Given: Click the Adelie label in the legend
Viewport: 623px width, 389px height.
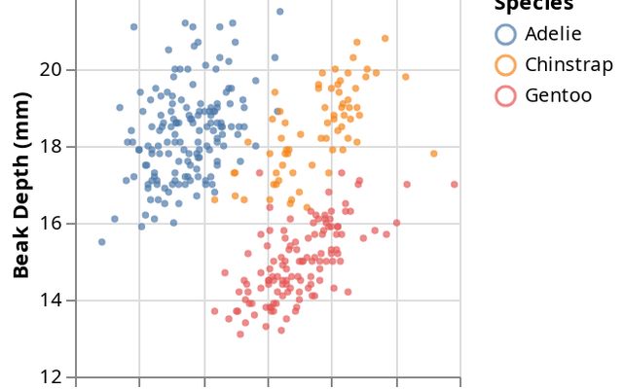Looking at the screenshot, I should [552, 34].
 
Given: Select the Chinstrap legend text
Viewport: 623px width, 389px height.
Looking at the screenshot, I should [568, 65].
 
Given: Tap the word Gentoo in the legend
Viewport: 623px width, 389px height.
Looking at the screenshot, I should [558, 95].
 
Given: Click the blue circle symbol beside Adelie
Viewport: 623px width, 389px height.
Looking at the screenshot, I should [505, 34].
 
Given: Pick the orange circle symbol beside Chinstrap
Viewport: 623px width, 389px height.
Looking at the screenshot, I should [505, 65].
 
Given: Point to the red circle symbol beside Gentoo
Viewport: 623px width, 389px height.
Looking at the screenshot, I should [505, 95].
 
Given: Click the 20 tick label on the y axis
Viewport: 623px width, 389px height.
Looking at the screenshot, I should [51, 70].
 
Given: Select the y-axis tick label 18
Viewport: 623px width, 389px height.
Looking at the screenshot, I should [51, 147].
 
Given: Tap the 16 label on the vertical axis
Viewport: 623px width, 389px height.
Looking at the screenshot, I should [51, 223].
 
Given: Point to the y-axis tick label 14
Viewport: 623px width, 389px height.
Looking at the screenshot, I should [51, 300].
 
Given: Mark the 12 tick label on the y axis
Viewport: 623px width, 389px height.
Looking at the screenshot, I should [51, 376].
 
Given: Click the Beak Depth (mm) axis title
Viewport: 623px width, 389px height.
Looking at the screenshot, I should [21, 185].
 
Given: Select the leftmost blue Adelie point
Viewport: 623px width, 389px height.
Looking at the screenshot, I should [102, 242].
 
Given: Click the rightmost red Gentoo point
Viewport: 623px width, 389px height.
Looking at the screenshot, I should [455, 184].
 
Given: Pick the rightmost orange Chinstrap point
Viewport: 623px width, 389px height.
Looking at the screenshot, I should [433, 154].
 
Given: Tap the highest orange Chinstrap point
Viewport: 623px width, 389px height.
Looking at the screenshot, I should [385, 38].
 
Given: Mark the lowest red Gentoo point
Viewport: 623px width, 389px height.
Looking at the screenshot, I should [240, 334].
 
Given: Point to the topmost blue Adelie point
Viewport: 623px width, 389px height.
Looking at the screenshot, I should [279, 12].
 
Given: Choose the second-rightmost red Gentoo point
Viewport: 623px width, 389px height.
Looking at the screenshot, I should [407, 184].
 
